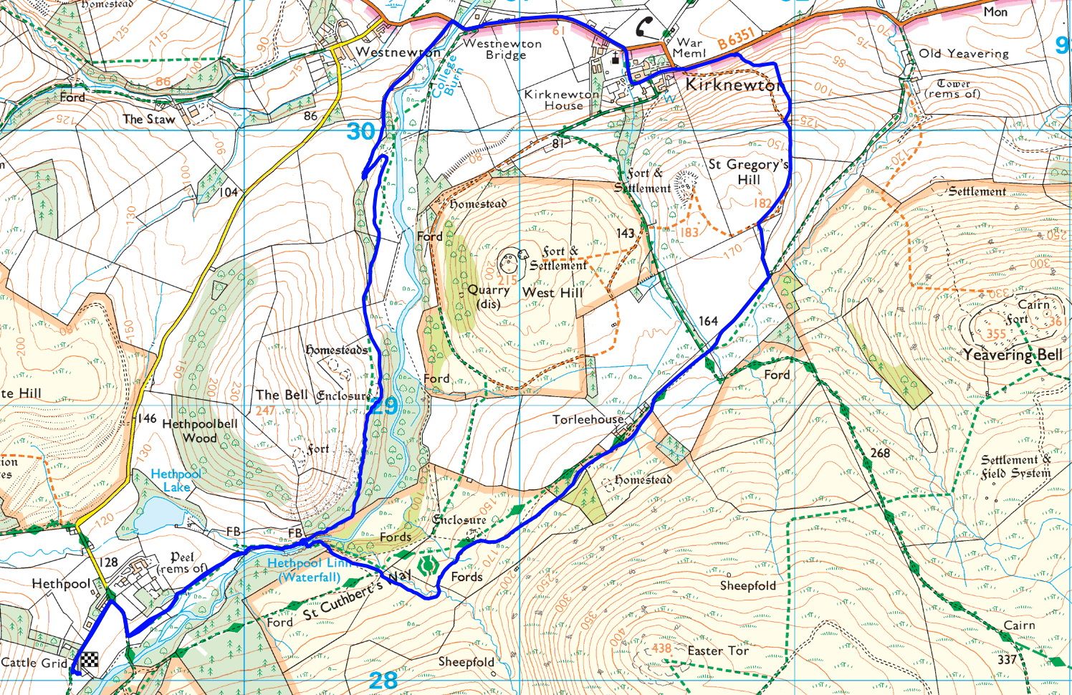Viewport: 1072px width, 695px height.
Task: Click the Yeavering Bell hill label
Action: tap(1013, 355)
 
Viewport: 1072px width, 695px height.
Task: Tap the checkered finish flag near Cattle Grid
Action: tap(90, 661)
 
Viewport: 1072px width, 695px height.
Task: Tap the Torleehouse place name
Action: tap(588, 419)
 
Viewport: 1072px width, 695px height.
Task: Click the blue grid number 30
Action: tap(361, 132)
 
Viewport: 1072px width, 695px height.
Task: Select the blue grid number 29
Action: tap(383, 406)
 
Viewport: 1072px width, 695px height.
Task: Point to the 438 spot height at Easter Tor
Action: tap(660, 648)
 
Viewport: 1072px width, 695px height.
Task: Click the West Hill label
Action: tap(552, 292)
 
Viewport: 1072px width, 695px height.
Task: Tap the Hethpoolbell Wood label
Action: tap(199, 431)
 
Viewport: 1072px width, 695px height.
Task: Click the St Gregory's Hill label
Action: tap(748, 171)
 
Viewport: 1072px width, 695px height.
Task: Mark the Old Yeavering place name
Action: tap(963, 53)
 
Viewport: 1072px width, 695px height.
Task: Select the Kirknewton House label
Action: tap(563, 100)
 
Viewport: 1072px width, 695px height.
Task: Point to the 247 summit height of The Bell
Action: tap(265, 411)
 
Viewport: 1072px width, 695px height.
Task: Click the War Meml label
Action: tap(689, 48)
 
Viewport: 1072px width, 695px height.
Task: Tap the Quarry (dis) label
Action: tap(488, 297)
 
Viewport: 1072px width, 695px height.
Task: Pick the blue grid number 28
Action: tap(383, 680)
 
